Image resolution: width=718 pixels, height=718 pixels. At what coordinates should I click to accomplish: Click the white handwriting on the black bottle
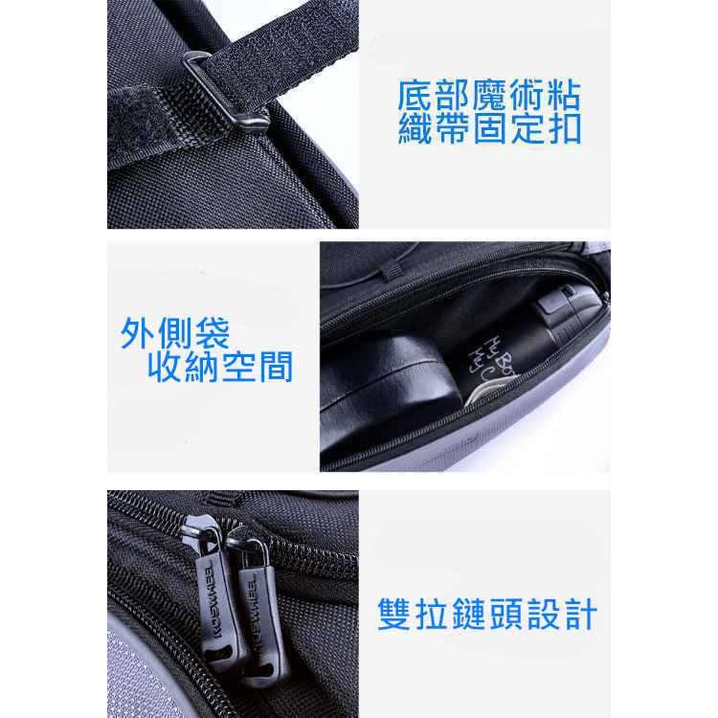[x=486, y=359]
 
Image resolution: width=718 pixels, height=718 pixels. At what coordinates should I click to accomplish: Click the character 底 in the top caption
[x=415, y=96]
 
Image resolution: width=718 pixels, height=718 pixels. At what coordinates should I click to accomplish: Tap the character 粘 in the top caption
[x=564, y=96]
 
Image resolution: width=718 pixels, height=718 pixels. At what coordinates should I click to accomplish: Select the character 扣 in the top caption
[x=564, y=129]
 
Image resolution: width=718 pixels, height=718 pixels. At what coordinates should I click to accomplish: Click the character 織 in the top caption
[x=415, y=129]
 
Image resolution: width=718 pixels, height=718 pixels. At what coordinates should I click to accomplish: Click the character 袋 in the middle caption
[x=213, y=333]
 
